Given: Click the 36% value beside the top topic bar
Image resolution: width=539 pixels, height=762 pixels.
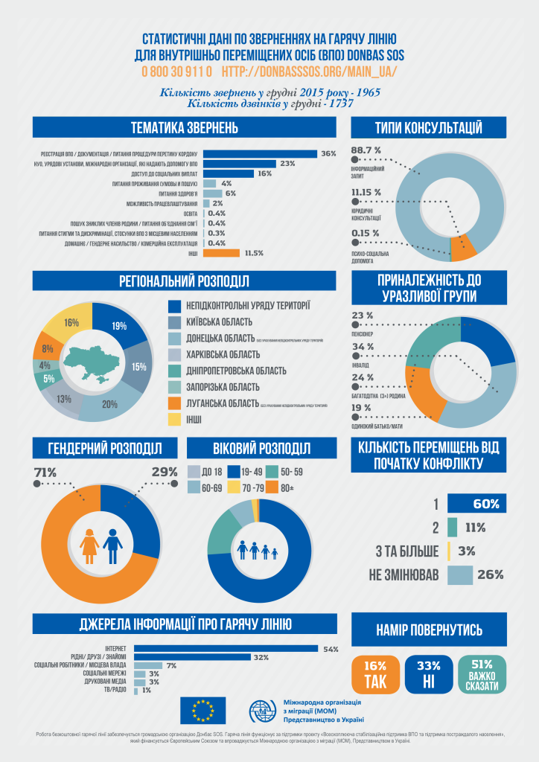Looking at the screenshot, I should point(328,153).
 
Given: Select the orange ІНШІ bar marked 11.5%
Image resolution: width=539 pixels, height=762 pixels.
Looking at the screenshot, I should point(221,253).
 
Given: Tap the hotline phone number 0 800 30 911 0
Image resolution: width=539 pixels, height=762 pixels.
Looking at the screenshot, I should point(177,71).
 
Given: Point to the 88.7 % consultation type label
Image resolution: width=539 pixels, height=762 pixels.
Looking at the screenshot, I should point(366,150).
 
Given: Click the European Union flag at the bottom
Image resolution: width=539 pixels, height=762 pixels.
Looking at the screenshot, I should point(202,711).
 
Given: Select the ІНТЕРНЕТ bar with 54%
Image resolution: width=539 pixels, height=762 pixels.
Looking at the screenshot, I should point(226,648).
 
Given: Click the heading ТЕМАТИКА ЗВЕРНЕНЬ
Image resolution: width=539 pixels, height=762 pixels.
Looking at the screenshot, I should point(183,127).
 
